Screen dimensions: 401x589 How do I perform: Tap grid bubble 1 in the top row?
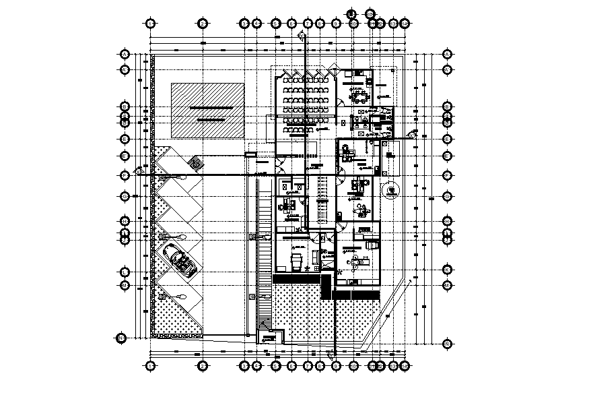pos(150,23)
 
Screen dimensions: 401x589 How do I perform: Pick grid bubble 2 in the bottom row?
pos(203,365)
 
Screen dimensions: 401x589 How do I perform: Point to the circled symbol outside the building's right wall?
pos(391,191)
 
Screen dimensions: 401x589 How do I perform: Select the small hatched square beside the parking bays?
pos(197,164)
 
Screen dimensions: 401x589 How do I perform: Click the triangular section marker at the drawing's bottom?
pos(331,353)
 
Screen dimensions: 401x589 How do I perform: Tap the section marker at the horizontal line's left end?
pos(141,171)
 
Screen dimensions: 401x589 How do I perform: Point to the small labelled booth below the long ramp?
pos(270,337)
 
